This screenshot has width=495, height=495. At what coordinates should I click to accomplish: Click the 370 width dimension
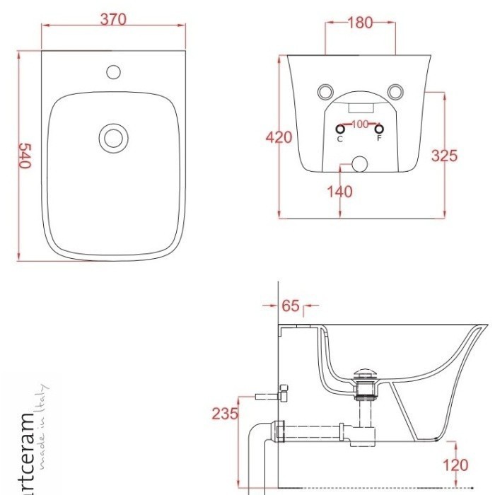pyautogui.click(x=113, y=20)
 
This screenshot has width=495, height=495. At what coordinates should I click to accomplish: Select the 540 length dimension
pyautogui.click(x=25, y=156)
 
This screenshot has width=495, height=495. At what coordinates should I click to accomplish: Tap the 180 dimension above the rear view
pyautogui.click(x=360, y=23)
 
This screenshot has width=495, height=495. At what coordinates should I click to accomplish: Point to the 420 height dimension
pyautogui.click(x=279, y=137)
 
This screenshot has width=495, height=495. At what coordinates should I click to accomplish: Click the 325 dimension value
pyautogui.click(x=444, y=156)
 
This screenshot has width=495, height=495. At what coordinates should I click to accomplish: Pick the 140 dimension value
pyautogui.click(x=339, y=192)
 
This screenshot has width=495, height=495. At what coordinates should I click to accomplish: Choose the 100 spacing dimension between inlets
pyautogui.click(x=359, y=124)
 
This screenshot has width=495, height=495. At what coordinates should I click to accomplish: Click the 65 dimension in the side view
pyautogui.click(x=291, y=305)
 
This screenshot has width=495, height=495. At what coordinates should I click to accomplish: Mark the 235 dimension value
pyautogui.click(x=225, y=414)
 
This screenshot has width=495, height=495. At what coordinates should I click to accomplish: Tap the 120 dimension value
pyautogui.click(x=456, y=465)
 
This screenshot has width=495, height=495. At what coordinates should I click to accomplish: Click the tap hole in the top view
pyautogui.click(x=114, y=72)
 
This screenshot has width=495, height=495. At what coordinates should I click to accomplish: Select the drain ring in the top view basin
pyautogui.click(x=114, y=139)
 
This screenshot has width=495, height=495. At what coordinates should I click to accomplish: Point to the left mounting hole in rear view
pyautogui.click(x=325, y=92)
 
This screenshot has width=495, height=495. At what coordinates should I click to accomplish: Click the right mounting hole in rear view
pyautogui.click(x=395, y=92)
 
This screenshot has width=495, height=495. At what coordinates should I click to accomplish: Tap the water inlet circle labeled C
pyautogui.click(x=340, y=129)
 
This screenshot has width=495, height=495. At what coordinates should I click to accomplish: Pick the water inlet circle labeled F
pyautogui.click(x=379, y=129)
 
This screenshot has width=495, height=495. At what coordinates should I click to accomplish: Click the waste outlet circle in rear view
pyautogui.click(x=359, y=164)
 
